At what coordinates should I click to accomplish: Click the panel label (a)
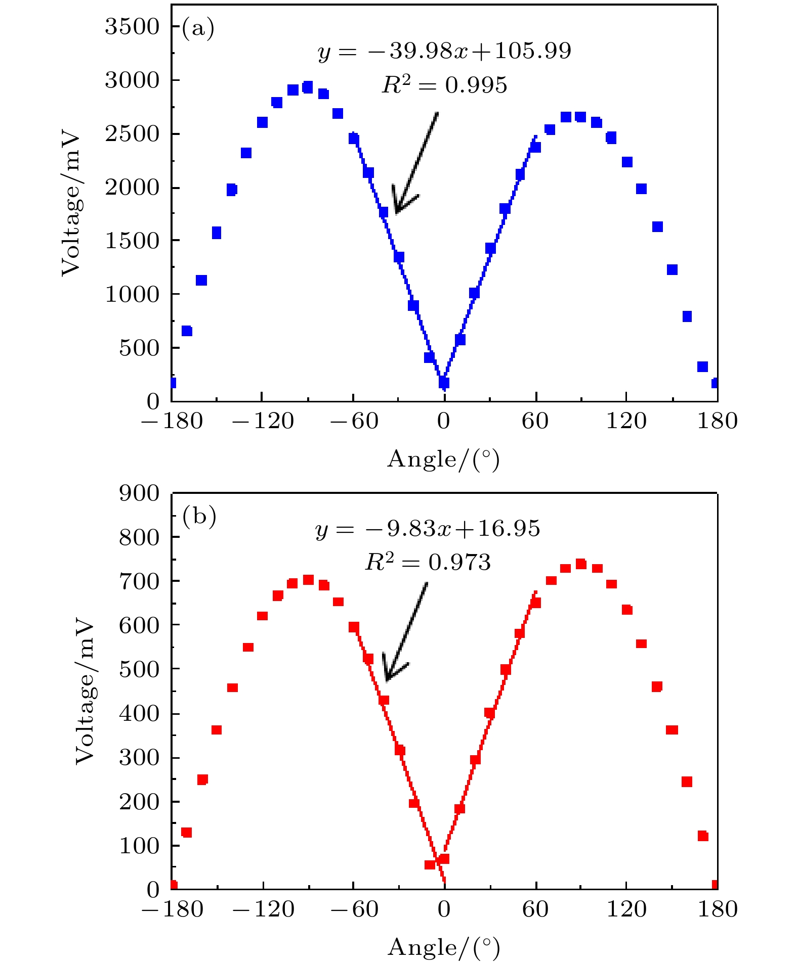coord(198,29)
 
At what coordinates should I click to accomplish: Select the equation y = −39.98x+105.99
coord(444,51)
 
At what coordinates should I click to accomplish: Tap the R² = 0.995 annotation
coord(444,85)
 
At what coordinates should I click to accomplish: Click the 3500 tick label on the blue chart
coord(132,27)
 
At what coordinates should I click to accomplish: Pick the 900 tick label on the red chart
coord(139,493)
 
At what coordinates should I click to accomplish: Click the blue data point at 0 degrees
coord(444,383)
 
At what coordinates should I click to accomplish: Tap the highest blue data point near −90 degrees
coord(308,87)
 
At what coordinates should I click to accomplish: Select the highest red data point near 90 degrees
coord(581,564)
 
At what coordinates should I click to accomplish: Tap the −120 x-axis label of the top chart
coord(262,421)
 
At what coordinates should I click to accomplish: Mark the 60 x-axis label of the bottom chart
coord(535,909)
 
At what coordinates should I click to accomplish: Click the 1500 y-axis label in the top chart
coord(132,241)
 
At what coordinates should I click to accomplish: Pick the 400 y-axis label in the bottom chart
coord(139,714)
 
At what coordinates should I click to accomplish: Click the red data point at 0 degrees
coord(444,859)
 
